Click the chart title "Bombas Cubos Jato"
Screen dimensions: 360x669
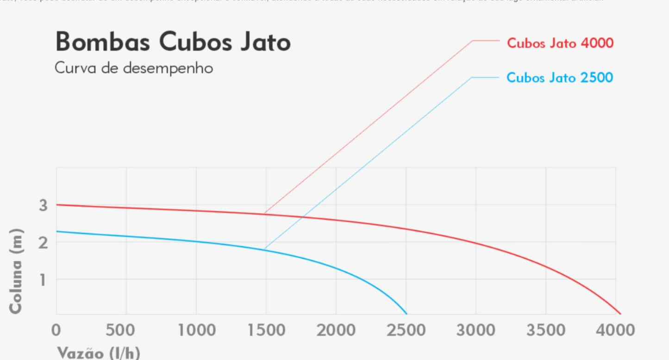point(173,42)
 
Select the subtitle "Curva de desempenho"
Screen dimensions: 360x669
point(134,68)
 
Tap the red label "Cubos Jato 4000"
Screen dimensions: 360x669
point(560,43)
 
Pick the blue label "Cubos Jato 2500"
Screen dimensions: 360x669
point(560,77)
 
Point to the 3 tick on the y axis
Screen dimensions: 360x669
point(44,205)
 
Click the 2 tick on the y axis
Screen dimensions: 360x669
point(44,242)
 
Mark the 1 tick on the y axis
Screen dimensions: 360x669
point(44,279)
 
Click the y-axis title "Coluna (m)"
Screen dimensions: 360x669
point(16,271)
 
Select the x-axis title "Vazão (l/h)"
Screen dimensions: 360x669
point(98,353)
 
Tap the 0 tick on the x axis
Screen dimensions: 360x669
point(56,330)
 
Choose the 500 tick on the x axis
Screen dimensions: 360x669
point(120,330)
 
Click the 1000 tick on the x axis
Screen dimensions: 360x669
point(197,330)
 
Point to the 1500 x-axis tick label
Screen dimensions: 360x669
point(266,330)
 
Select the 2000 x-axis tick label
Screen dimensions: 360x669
point(336,330)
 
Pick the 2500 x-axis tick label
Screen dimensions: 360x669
point(406,330)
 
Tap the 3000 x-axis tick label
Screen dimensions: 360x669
point(476,330)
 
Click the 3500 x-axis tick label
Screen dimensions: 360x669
point(546,330)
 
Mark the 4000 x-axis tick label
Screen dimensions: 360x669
point(615,330)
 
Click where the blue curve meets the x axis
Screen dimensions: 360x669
point(406,314)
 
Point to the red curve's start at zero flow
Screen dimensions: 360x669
point(57,205)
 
